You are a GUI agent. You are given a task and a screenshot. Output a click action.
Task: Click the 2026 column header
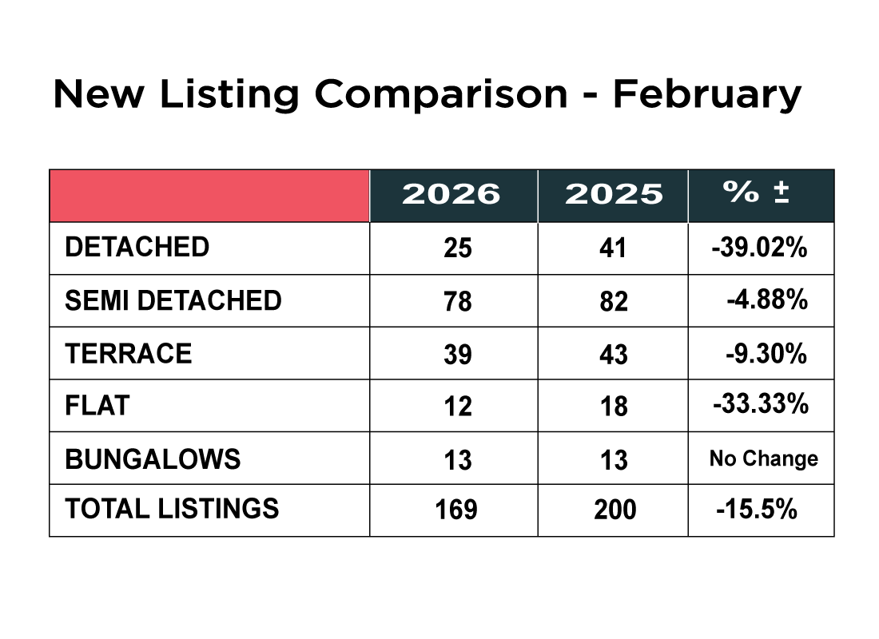(451, 194)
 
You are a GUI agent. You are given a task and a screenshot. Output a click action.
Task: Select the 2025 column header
(614, 194)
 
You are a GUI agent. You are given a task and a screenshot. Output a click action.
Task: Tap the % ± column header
(756, 192)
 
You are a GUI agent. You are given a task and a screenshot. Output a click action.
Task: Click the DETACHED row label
(137, 247)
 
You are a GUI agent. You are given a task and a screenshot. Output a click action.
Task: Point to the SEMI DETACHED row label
(173, 300)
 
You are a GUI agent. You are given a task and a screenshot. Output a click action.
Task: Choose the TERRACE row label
(129, 353)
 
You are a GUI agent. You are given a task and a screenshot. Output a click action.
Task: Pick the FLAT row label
(97, 405)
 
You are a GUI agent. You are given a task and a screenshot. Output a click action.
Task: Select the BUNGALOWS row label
(153, 458)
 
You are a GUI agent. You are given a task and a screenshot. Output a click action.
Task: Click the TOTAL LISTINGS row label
(172, 509)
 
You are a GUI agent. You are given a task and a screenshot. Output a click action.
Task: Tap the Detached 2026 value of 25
(458, 248)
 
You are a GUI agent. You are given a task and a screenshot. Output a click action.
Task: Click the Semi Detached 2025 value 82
(614, 302)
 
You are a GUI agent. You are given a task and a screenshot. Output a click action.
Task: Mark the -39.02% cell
(760, 248)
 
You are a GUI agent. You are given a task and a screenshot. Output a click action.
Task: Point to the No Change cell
(764, 458)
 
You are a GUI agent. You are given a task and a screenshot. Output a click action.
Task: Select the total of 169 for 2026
(456, 510)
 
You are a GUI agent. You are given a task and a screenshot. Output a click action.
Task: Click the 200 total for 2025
(615, 510)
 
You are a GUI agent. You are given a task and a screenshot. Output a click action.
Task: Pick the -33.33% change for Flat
(761, 405)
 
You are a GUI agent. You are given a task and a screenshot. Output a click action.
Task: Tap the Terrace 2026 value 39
(458, 355)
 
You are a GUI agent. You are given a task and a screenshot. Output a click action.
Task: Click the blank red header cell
(209, 196)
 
